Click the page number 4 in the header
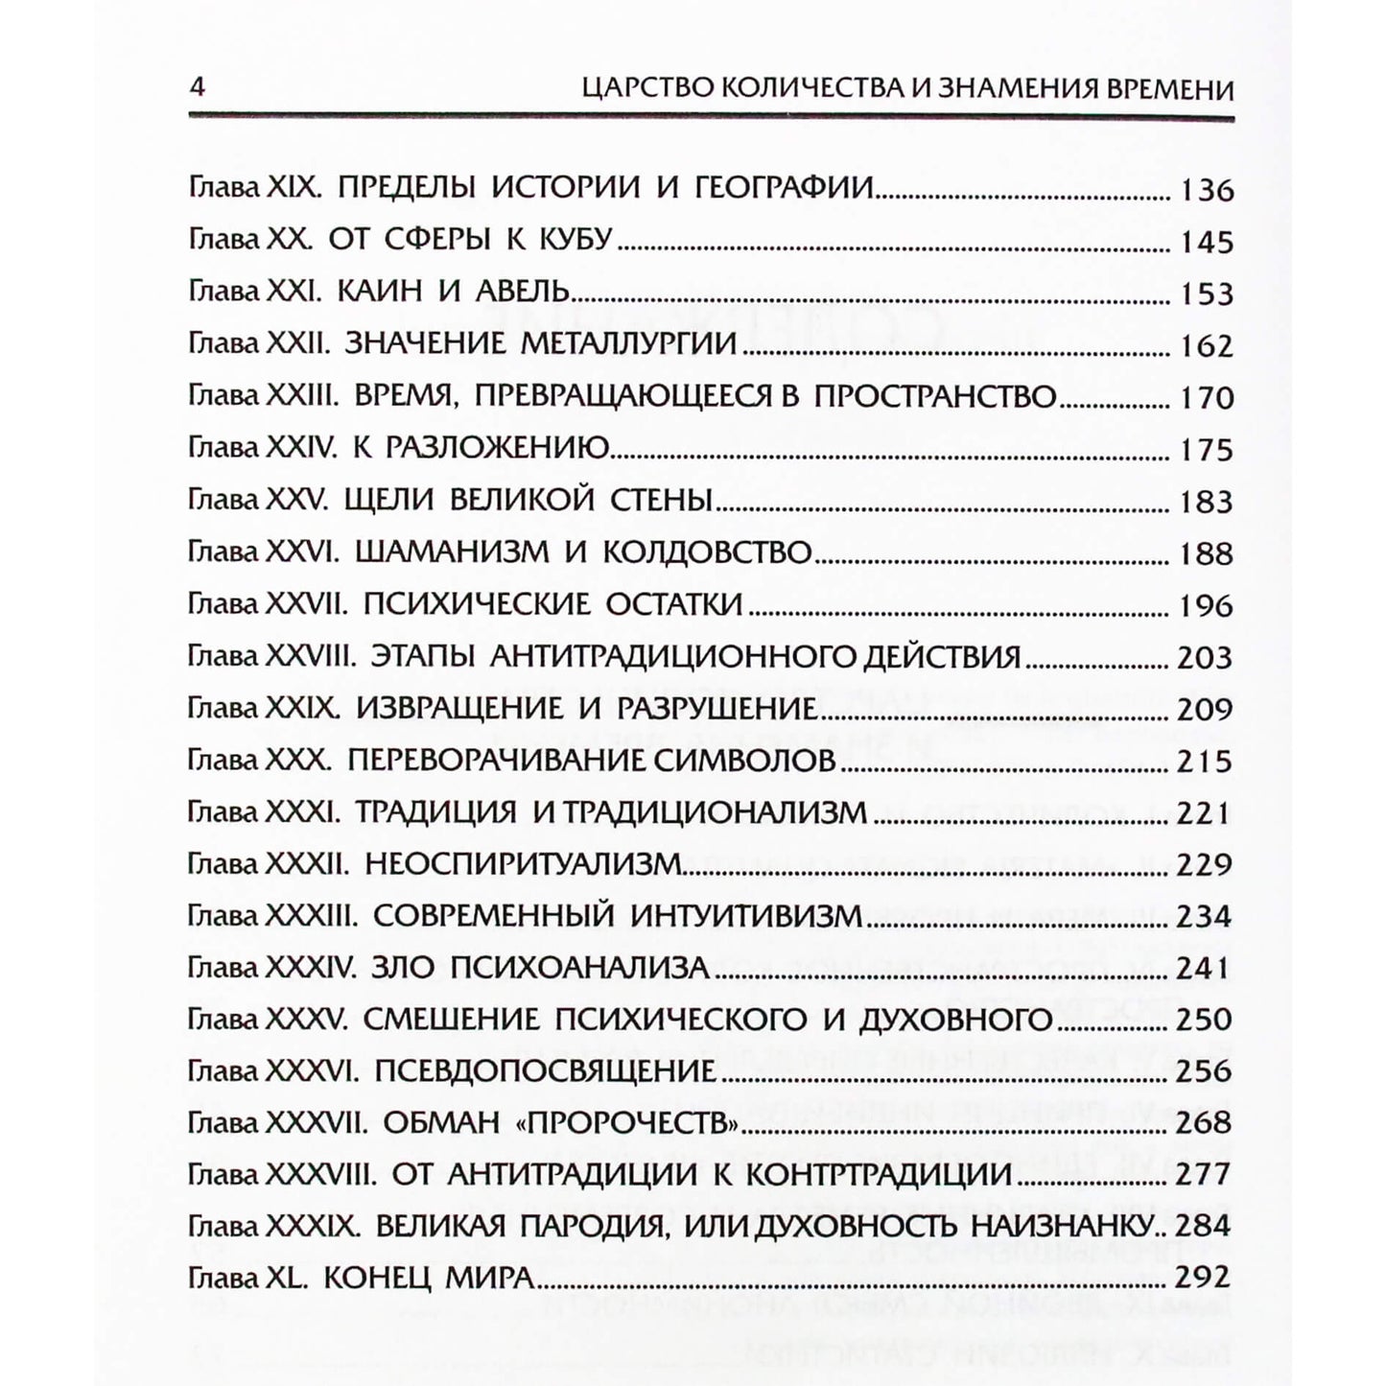pos(198,88)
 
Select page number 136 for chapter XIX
pos(1206,190)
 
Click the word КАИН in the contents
pos(381,291)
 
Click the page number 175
pos(1206,450)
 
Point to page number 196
pos(1206,606)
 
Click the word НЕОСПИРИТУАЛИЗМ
pos(523,864)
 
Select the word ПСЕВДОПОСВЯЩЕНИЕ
pos(545,1071)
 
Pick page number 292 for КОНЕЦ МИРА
pos(1202,1278)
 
